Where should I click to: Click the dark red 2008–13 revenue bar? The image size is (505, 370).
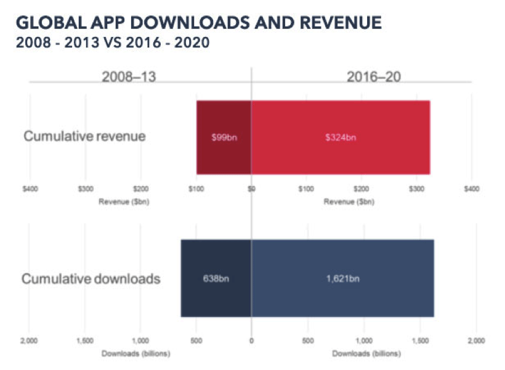coord(224,137)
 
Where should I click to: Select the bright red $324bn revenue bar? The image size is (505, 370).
coord(341,137)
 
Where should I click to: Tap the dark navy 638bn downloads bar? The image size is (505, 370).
coord(216,278)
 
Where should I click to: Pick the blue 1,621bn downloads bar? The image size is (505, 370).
coord(342,278)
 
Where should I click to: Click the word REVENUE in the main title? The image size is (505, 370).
coord(341,24)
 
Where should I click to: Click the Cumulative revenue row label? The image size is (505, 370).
coord(84,136)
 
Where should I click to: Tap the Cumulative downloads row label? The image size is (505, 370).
coord(91,279)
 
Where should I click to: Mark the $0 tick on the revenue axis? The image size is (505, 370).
coord(251,189)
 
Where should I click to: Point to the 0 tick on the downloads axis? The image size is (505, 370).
coord(251,340)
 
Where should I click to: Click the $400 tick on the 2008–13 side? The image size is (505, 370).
coord(30,189)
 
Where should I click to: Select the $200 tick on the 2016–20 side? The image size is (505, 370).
coord(362,189)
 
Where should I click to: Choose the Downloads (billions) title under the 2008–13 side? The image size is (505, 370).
coord(135,354)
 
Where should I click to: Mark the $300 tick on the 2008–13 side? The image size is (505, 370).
coord(86,189)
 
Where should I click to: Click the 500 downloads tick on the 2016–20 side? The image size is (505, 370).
coord(308,340)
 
